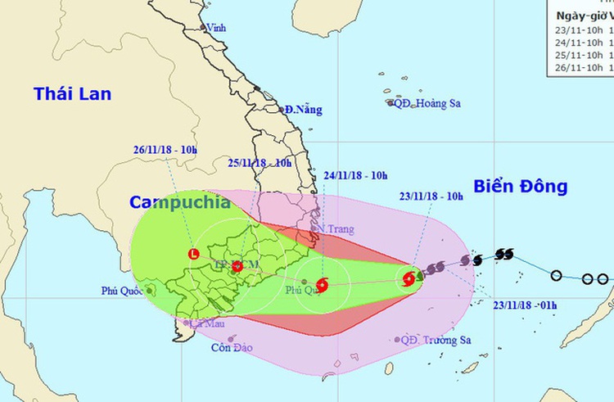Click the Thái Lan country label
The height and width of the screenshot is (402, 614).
coord(72,94)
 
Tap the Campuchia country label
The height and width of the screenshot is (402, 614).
coord(178,203)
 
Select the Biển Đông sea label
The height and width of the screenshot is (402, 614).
coord(519,186)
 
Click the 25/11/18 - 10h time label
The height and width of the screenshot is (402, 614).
coord(260,163)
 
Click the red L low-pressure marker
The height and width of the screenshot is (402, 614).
coord(193,254)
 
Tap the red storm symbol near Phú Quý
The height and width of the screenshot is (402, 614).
coord(321,286)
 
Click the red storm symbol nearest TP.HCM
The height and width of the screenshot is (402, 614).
coord(237,267)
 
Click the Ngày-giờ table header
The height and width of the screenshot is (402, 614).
coord(582,15)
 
